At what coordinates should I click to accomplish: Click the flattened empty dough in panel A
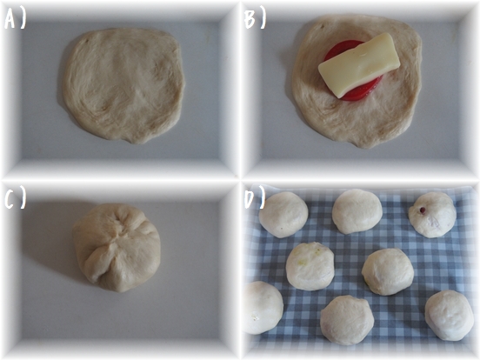pyautogui.click(x=124, y=86)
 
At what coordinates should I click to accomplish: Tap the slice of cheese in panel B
pyautogui.click(x=359, y=65)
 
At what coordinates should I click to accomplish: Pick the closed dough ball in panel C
pyautogui.click(x=117, y=247)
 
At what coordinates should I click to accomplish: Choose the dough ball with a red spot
pyautogui.click(x=432, y=215)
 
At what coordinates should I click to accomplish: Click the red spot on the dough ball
pyautogui.click(x=423, y=210)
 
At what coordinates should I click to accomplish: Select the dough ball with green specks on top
pyautogui.click(x=310, y=266)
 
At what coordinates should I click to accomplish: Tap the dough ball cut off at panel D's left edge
pyautogui.click(x=263, y=308)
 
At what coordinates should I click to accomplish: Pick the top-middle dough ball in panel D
pyautogui.click(x=357, y=211)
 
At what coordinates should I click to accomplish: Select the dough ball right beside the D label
pyautogui.click(x=283, y=215)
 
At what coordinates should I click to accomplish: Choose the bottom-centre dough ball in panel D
pyautogui.click(x=347, y=320)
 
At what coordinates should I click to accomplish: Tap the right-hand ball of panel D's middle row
pyautogui.click(x=388, y=271)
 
